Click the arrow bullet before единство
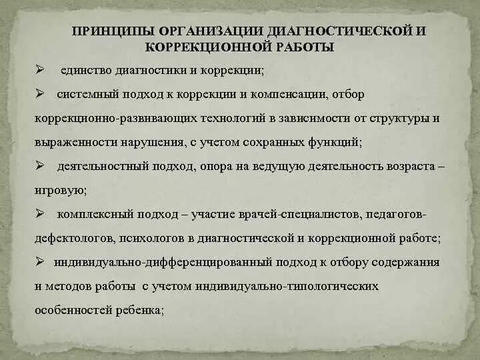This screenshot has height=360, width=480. pos(39,69)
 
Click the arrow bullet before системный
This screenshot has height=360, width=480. pos(39,94)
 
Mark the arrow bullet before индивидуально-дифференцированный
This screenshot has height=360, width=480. pos(39,261)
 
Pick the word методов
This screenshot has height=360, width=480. pos(67,286)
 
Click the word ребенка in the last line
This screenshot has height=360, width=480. pos(141,310)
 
